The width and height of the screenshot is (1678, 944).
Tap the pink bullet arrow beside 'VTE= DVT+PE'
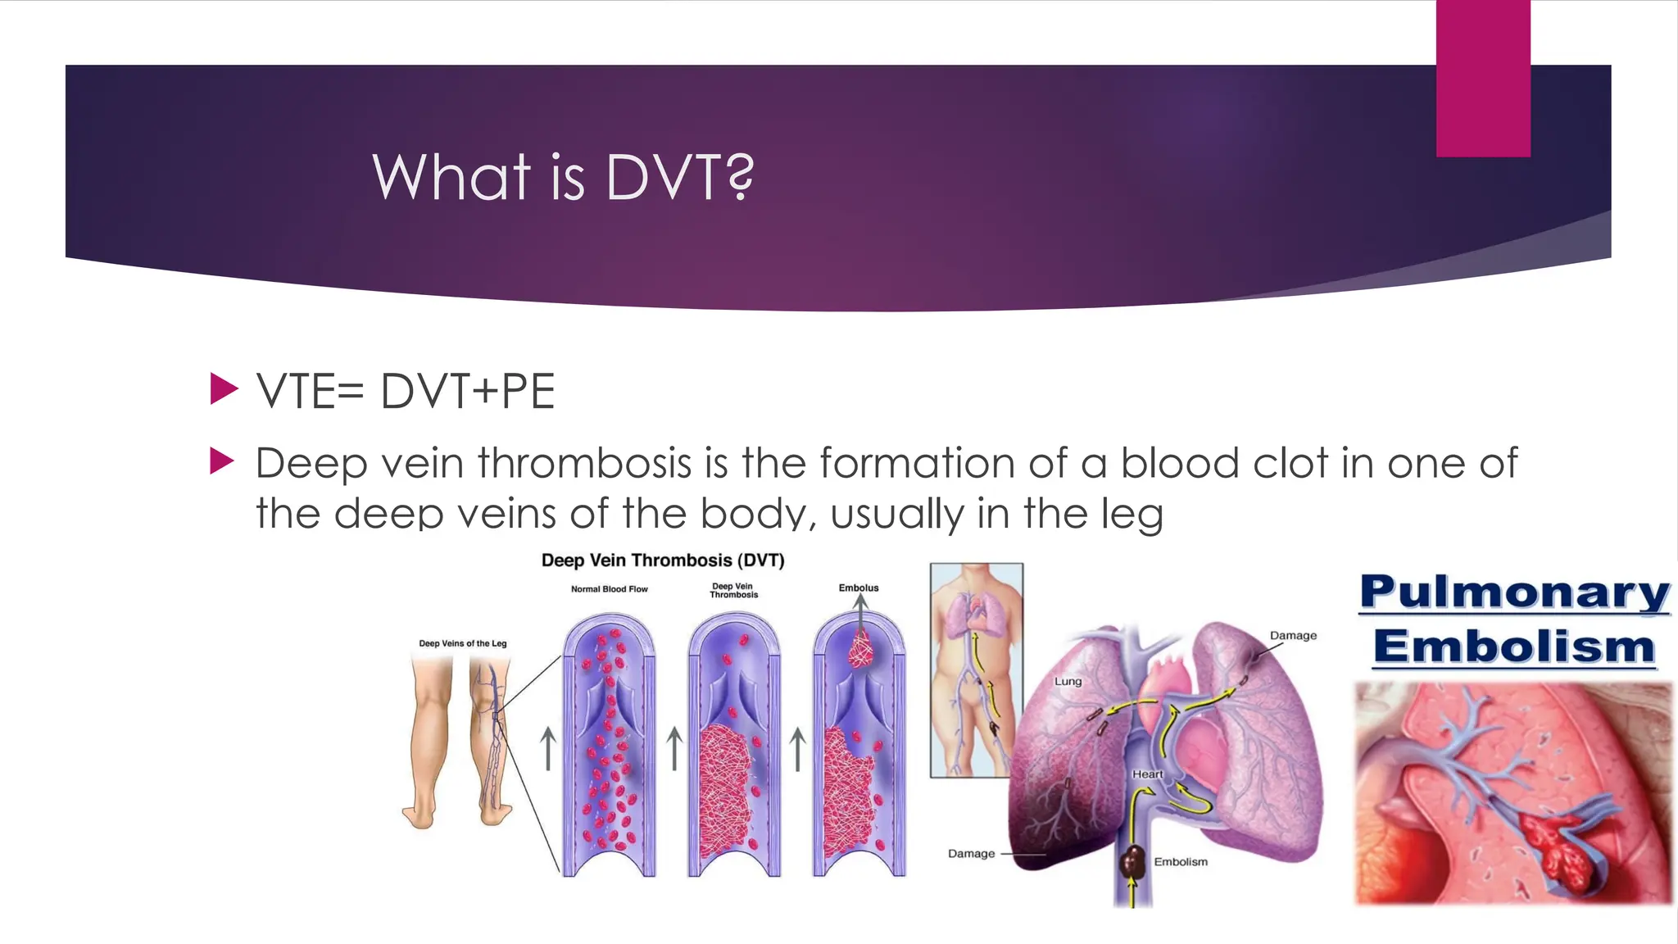(x=223, y=388)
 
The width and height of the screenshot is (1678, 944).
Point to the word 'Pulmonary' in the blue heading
(x=1514, y=592)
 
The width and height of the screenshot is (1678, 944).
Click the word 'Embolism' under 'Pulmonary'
(x=1514, y=647)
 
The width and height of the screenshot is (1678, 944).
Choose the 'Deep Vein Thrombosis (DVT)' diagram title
(x=663, y=560)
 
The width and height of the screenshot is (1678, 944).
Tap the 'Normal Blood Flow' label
(x=609, y=589)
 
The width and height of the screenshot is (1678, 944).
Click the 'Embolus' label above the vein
(x=858, y=588)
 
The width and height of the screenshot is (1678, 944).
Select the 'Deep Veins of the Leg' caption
(x=463, y=643)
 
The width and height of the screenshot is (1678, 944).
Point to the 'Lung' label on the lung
(x=1068, y=681)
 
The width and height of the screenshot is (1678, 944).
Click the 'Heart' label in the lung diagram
(x=1147, y=774)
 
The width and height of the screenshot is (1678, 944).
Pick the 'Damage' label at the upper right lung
(x=1293, y=635)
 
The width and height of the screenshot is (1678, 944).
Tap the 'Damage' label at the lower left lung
(x=971, y=853)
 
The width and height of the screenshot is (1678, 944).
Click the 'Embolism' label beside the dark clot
(x=1181, y=861)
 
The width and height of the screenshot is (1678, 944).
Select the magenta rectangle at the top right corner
(x=1483, y=78)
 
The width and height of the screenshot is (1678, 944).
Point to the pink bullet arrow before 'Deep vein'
(x=223, y=461)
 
